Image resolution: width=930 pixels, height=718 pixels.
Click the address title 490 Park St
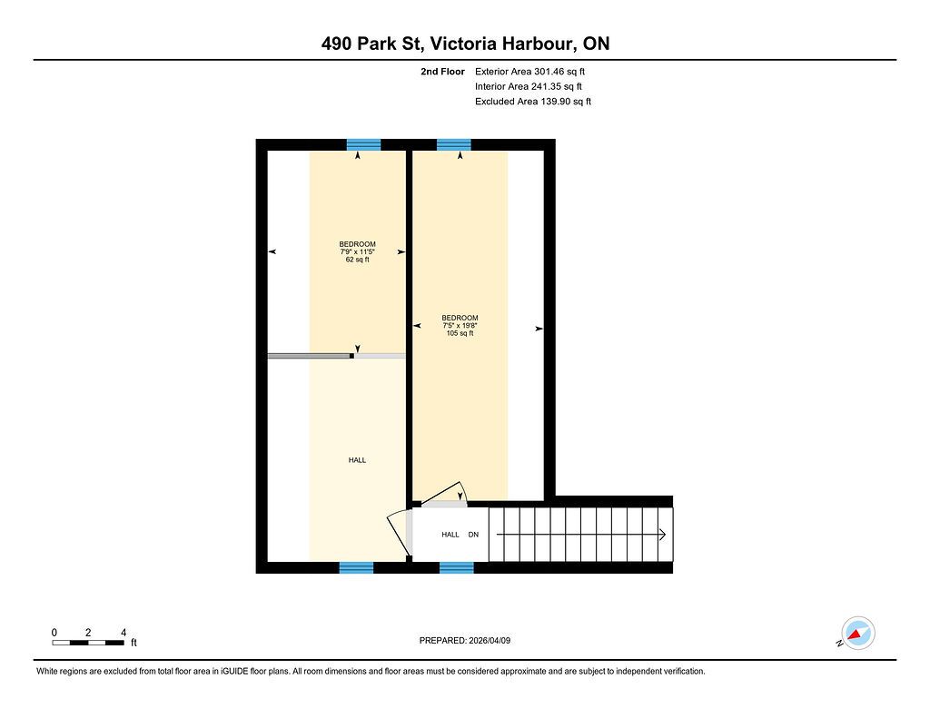pos(371,44)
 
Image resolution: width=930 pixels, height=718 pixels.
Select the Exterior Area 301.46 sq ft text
pos(529,72)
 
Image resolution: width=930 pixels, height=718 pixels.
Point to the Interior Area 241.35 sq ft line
pos(528,86)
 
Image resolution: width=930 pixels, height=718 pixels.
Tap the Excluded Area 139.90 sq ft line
pos(532,102)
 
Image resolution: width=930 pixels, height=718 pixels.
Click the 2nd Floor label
pos(442,72)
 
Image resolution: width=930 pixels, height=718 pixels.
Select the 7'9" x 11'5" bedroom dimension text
pos(357,252)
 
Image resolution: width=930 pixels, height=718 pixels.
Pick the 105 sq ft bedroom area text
pos(460,333)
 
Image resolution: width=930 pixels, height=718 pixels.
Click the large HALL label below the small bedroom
pos(357,460)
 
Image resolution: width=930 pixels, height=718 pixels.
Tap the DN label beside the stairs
pos(473,535)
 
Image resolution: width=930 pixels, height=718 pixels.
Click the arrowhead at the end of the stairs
pos(662,535)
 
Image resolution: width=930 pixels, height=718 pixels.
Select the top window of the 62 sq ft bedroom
pos(363,144)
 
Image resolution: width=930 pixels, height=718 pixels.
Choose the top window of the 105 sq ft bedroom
pos(454,144)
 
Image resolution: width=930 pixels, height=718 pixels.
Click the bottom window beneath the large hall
pos(356,567)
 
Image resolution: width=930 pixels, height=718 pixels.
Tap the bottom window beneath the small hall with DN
pos(457,567)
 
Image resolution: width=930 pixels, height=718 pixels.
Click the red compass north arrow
pos(855,635)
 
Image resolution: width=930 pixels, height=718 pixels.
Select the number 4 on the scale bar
pos(124,633)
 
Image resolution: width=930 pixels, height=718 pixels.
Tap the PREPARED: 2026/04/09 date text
pos(465,640)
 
